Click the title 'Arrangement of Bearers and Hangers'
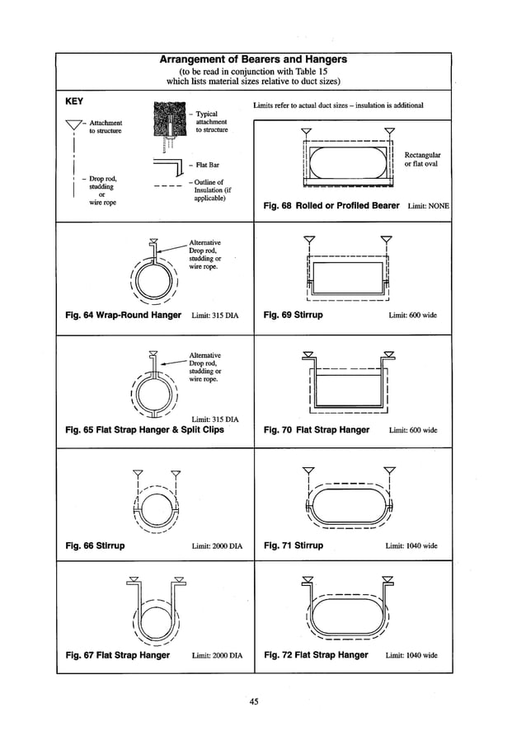(x=254, y=60)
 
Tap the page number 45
(x=254, y=701)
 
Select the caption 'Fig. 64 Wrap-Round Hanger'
(x=123, y=315)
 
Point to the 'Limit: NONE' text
(x=428, y=206)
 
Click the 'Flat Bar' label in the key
(x=207, y=165)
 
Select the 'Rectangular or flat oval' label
(x=422, y=160)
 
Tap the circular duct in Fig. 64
(x=154, y=282)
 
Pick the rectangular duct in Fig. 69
(x=345, y=278)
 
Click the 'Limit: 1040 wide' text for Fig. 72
(x=411, y=656)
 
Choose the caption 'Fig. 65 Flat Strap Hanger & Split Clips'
(x=144, y=430)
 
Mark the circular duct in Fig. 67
(x=155, y=616)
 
